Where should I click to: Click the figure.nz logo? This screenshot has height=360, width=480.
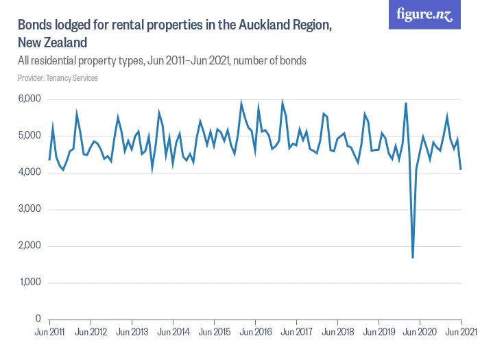[x=425, y=14]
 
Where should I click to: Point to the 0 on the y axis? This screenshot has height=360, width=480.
[x=38, y=320]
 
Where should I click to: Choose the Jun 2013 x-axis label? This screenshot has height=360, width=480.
[x=132, y=333]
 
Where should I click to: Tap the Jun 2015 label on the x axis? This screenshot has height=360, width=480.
[x=214, y=333]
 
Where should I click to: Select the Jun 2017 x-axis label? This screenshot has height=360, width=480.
[x=296, y=333]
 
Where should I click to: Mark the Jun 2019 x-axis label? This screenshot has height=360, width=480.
[x=379, y=333]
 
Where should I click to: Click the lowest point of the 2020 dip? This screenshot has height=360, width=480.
[x=413, y=257]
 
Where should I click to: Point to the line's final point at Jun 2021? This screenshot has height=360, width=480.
[x=461, y=169]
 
